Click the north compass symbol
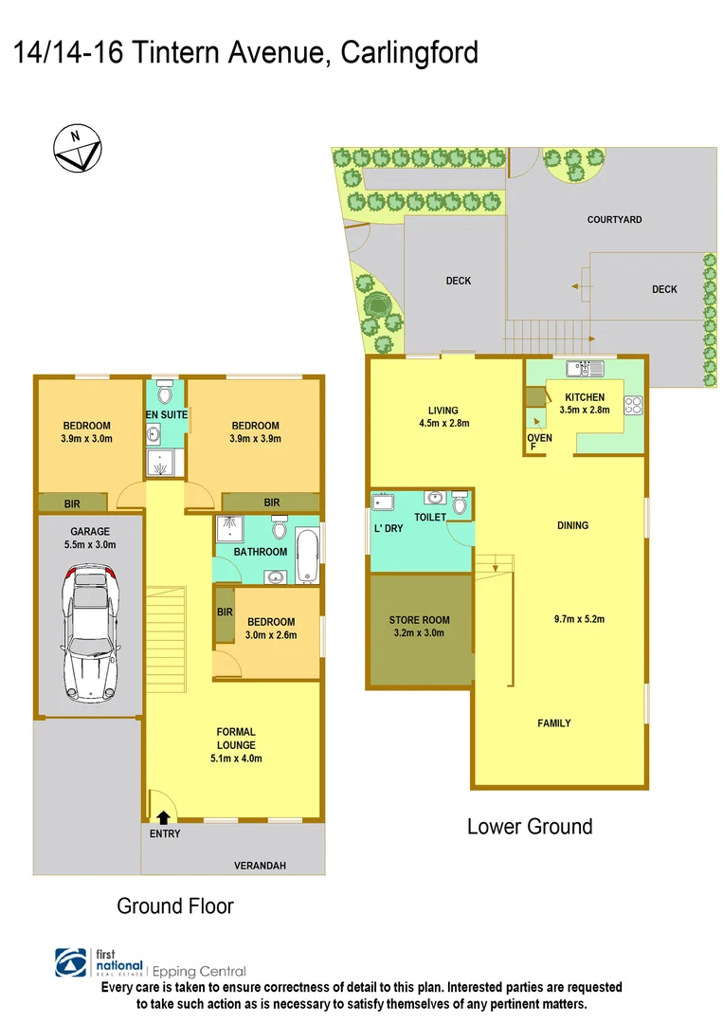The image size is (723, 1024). click(77, 150)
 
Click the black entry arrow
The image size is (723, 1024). click(164, 815)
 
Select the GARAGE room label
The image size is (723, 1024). click(90, 532)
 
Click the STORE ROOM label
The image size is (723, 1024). click(419, 620)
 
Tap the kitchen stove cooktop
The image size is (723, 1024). click(633, 404)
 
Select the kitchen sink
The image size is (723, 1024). click(579, 367)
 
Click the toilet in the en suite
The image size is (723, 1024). click(166, 392)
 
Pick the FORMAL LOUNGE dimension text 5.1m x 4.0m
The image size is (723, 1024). click(235, 758)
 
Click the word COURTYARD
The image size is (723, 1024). click(614, 220)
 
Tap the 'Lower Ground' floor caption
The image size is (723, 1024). click(530, 826)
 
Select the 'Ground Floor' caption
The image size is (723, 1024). click(175, 905)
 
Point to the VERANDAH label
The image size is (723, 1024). click(260, 866)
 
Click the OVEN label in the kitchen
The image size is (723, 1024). click(538, 437)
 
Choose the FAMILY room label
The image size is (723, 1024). click(554, 723)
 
